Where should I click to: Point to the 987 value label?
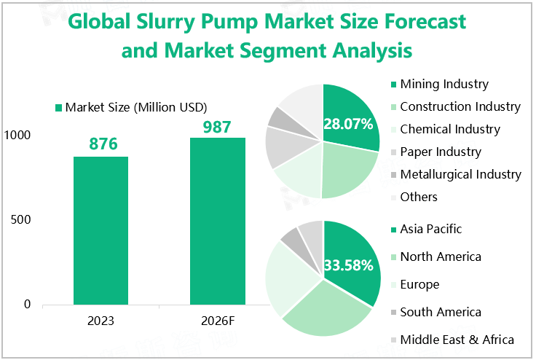click(x=216, y=127)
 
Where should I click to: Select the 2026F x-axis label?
click(x=217, y=321)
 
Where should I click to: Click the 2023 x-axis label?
click(x=100, y=321)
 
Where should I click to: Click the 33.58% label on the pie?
click(x=348, y=265)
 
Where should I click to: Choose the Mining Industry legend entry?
click(x=444, y=85)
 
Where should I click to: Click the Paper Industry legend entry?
click(x=441, y=152)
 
